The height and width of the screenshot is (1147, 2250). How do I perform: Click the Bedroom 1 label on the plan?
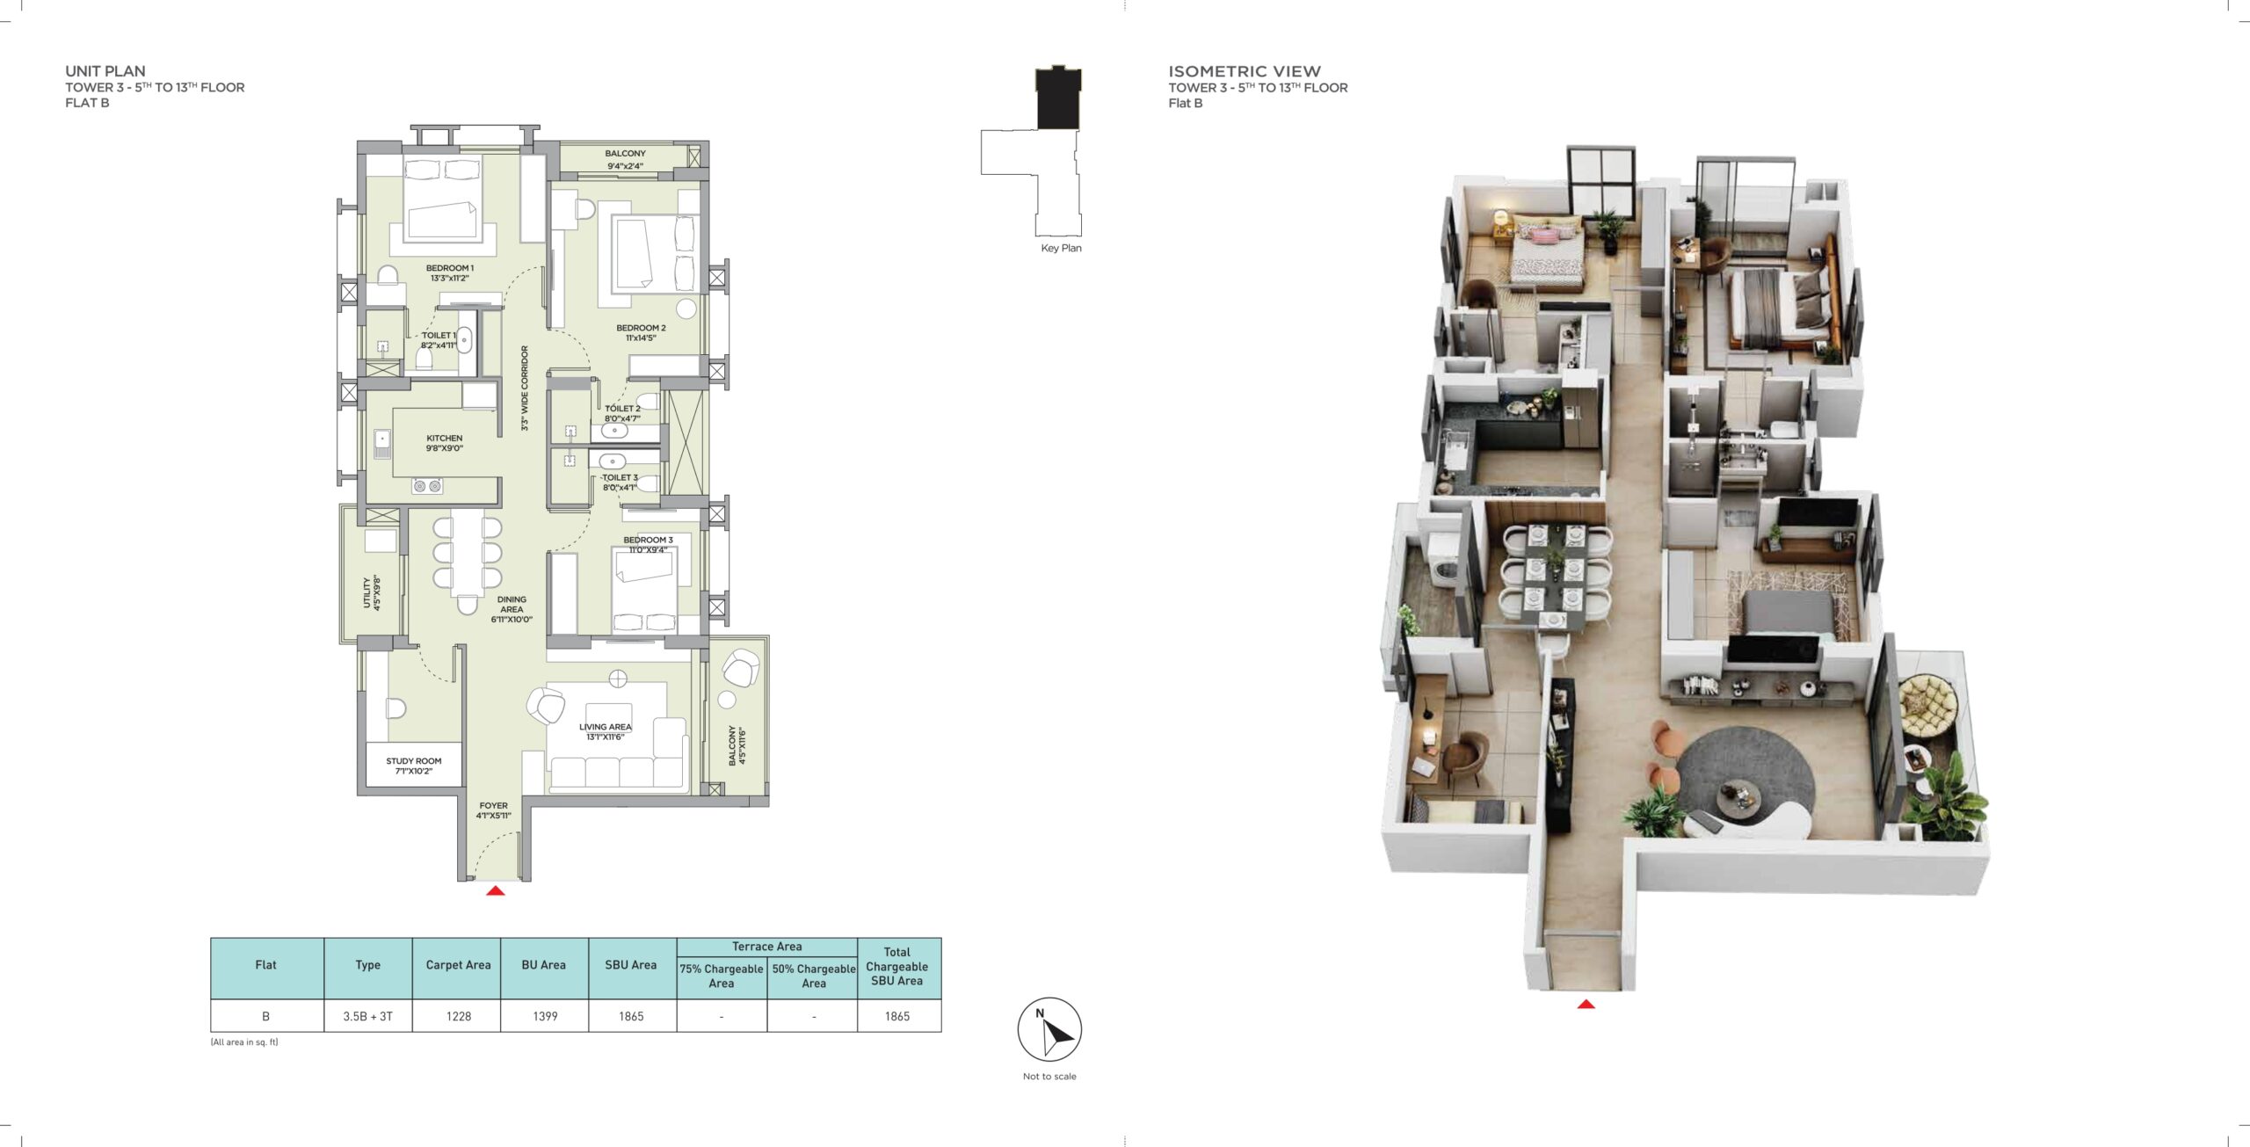click(449, 273)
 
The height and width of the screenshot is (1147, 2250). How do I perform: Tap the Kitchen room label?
click(445, 443)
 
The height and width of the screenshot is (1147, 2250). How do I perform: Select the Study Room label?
click(414, 766)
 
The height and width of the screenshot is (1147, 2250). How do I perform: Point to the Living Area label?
click(606, 732)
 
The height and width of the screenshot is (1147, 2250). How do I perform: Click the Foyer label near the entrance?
click(494, 810)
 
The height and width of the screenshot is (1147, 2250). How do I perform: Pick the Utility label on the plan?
click(372, 593)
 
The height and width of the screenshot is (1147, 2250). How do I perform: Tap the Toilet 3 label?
click(621, 483)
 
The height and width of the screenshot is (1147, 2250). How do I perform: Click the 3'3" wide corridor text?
click(525, 388)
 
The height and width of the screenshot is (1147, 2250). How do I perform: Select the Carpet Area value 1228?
click(459, 1016)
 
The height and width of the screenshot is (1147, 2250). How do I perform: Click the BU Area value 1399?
click(545, 1016)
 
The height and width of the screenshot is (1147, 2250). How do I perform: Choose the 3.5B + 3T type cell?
click(368, 1016)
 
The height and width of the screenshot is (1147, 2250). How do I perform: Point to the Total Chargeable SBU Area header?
click(897, 967)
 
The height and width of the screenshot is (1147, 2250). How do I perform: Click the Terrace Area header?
click(767, 947)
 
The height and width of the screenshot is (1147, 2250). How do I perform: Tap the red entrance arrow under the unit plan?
click(496, 890)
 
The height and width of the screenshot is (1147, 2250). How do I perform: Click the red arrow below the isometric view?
click(1586, 1004)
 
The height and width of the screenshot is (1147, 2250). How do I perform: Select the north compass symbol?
click(1049, 1029)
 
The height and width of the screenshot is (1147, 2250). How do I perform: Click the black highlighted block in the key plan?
click(1058, 98)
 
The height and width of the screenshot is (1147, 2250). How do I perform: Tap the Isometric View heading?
click(1245, 71)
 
